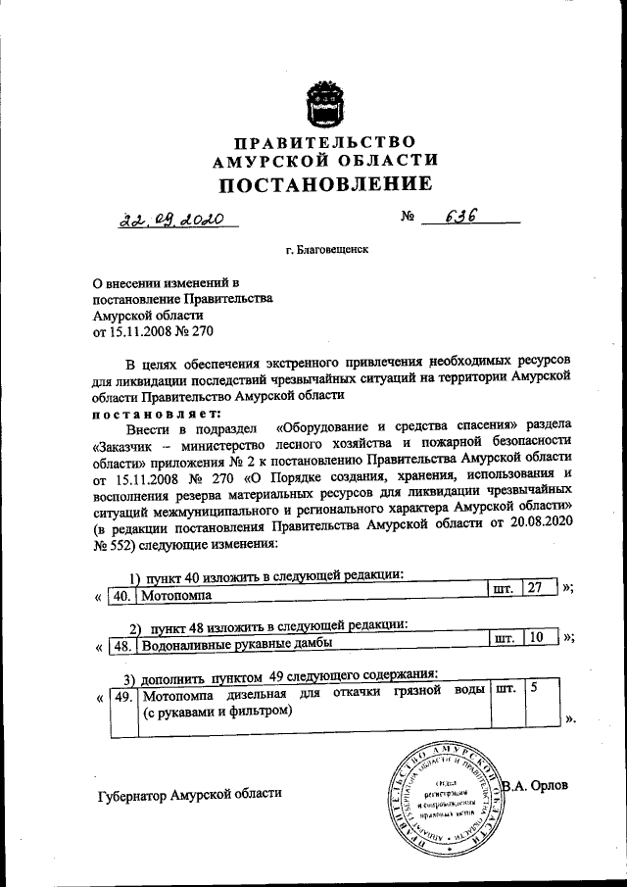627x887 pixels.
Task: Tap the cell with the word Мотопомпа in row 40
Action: [x=177, y=594]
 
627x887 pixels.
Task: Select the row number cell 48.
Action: [x=121, y=646]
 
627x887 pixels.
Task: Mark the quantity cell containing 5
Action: [x=534, y=690]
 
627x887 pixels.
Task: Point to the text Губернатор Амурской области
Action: [x=189, y=795]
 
